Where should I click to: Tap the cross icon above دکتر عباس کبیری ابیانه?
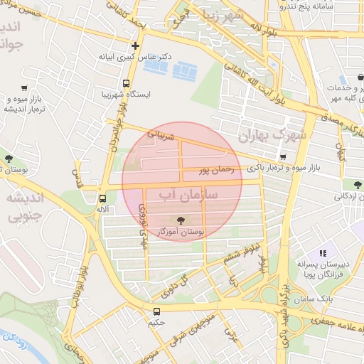tap(135, 45)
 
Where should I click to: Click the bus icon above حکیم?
tap(156, 311)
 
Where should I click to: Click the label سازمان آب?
tap(183, 195)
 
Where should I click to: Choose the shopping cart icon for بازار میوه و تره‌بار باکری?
tap(283, 157)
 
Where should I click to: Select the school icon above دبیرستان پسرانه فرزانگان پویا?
tap(323, 252)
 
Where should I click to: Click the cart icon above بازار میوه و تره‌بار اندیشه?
tap(25, 88)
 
